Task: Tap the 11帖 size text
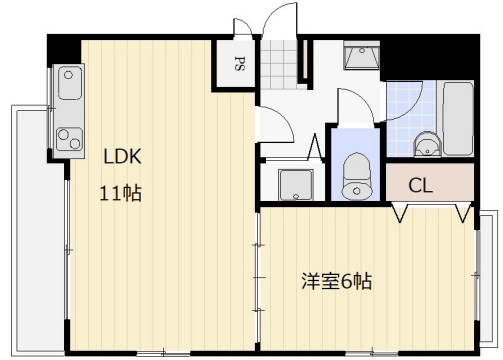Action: pos(119,193)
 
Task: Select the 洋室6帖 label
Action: pos(336,281)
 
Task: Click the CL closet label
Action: pos(421,186)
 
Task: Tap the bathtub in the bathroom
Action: pos(458,119)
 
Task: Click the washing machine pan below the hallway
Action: pos(295,184)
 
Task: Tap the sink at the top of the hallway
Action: pos(355,57)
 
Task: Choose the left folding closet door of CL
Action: pos(403,212)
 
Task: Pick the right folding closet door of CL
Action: pos(463,212)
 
